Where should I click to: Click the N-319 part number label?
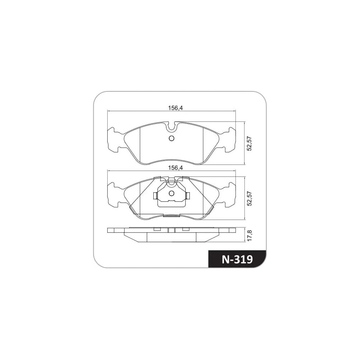click(x=237, y=260)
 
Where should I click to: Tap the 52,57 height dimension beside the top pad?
click(x=249, y=144)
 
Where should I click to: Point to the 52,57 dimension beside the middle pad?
click(x=249, y=199)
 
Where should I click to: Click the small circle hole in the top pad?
click(x=171, y=138)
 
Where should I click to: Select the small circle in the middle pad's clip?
click(x=171, y=193)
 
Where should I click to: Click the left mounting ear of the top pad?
click(x=114, y=140)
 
